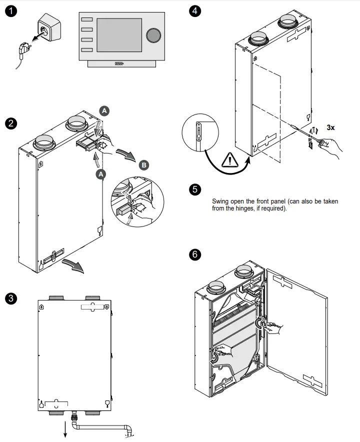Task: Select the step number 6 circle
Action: click(x=195, y=254)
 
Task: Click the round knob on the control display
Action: click(x=153, y=34)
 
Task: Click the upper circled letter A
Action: click(x=104, y=111)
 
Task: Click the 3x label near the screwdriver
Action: click(x=331, y=127)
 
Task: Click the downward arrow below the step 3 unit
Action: click(x=65, y=430)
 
